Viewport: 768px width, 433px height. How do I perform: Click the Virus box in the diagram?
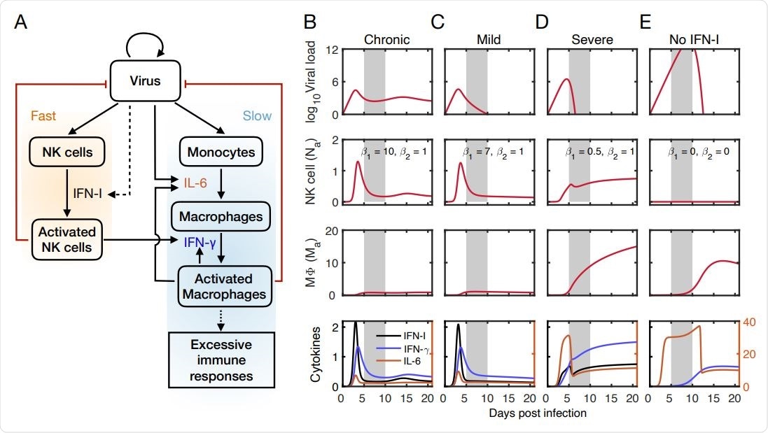point(145,81)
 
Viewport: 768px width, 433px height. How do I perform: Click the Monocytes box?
point(221,151)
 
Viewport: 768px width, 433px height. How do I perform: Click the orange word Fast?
point(43,115)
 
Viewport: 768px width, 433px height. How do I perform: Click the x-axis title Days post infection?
point(538,413)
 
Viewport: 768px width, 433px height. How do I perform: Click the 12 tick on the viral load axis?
point(333,50)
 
